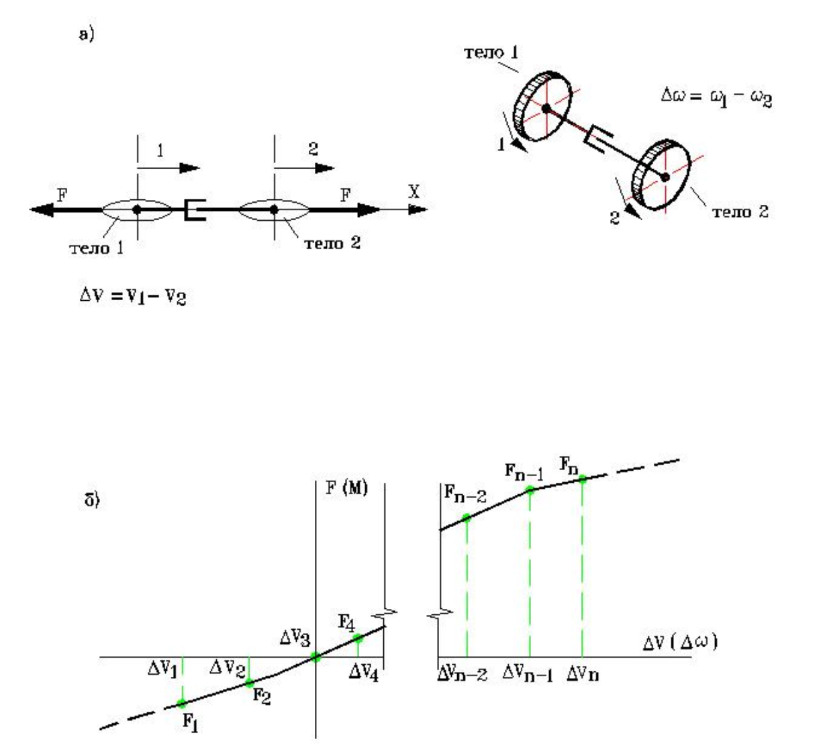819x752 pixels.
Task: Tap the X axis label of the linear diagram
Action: point(414,192)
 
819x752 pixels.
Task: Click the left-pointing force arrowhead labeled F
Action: point(42,209)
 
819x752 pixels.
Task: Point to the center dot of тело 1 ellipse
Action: point(137,209)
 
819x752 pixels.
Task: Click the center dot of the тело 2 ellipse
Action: point(274,209)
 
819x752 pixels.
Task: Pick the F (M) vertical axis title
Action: point(346,489)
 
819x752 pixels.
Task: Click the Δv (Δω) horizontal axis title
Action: point(679,643)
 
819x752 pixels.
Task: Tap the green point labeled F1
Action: point(182,703)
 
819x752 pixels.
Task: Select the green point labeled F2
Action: point(249,683)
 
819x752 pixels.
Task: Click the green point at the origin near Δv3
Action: point(316,657)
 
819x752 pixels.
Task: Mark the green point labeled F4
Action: point(358,638)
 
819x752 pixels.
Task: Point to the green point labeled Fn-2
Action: point(467,518)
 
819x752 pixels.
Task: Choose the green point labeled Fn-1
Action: point(530,490)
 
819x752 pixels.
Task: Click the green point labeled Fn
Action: point(582,479)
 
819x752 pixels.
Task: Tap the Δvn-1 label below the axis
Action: point(528,673)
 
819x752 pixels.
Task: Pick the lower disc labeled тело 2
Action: point(663,176)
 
